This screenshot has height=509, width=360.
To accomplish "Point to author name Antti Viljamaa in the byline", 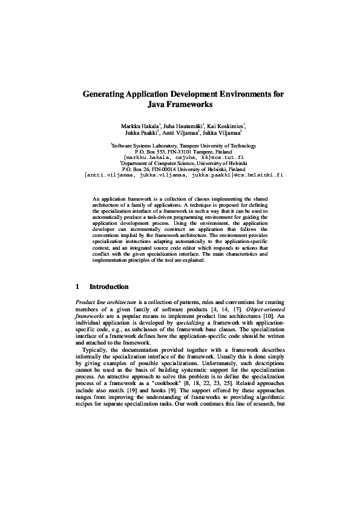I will click(182, 134).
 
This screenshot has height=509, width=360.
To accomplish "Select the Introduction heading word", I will click(109, 287).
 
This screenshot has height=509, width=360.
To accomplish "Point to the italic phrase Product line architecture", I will click(105, 302).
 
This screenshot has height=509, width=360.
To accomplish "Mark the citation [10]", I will click(270, 316).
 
